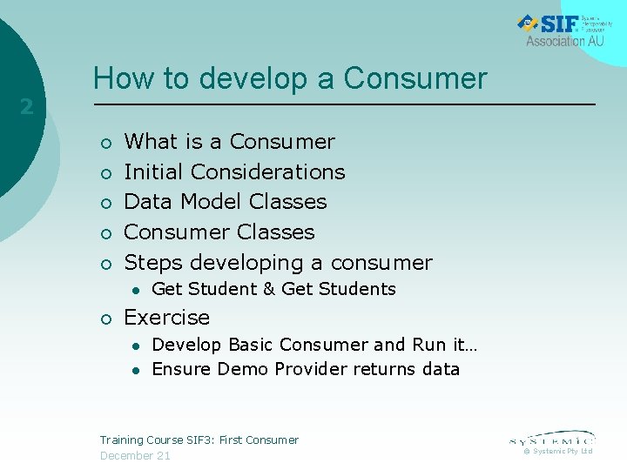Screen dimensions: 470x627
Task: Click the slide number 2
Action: click(27, 107)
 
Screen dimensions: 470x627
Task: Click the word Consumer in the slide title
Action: click(415, 78)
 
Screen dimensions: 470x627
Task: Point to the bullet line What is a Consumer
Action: click(229, 142)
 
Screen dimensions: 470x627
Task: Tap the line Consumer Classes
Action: click(219, 232)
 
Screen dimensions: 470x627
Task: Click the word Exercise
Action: click(167, 318)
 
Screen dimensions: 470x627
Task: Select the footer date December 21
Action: click(135, 456)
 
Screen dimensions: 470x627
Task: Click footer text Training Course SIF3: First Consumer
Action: click(199, 440)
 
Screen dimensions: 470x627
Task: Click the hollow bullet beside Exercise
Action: click(104, 319)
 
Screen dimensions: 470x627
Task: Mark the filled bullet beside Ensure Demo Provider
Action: click(137, 370)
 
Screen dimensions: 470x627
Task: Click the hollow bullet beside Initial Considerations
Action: click(104, 173)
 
